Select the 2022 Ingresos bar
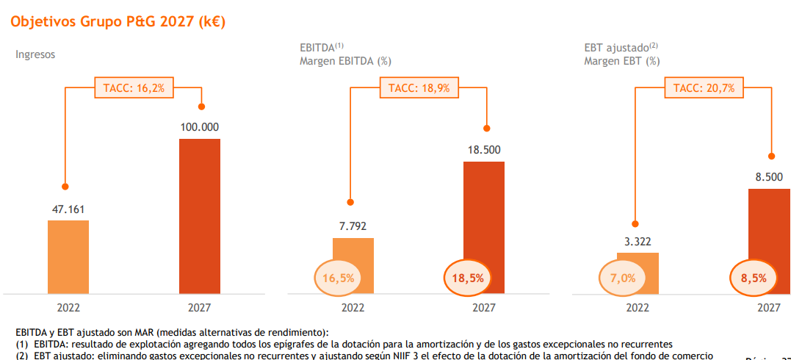click(68, 256)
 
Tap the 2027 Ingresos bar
click(200, 216)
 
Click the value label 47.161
click(68, 209)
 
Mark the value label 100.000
click(200, 127)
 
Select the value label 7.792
click(353, 227)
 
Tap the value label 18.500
click(483, 150)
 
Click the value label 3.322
click(637, 241)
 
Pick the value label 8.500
click(768, 176)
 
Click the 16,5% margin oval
click(338, 278)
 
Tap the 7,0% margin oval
click(623, 278)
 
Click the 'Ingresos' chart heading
click(35, 54)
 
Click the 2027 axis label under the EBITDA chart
click(483, 309)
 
